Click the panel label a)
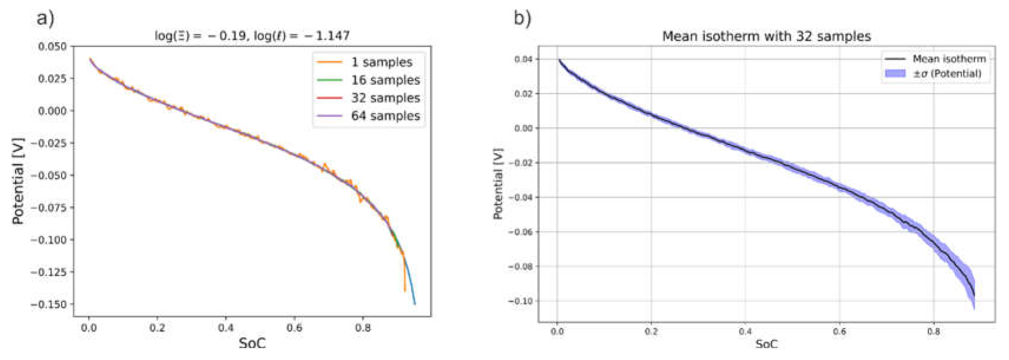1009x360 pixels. point(45,18)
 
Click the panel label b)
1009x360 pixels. point(522,18)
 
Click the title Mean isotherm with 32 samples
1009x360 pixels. point(766,37)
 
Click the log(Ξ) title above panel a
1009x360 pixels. point(252,36)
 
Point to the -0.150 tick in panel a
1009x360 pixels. point(49,304)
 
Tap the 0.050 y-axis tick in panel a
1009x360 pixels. point(52,47)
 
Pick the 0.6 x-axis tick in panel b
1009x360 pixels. point(839,331)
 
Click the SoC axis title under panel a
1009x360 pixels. point(252,344)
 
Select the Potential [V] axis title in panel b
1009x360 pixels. point(498,183)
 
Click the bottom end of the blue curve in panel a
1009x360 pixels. point(415,304)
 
